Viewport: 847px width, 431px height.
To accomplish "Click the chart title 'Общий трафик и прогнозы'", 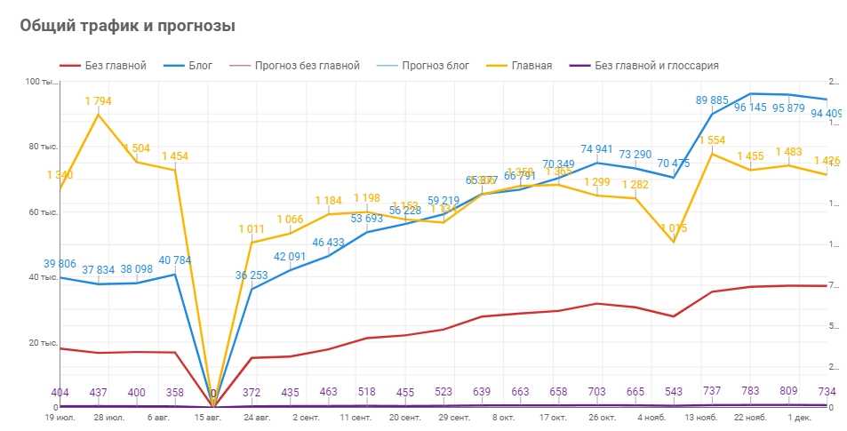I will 127,27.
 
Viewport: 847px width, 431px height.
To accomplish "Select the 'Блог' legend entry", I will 200,66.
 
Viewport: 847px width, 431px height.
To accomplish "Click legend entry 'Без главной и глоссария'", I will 656,66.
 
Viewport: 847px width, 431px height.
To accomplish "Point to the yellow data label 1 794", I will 98,101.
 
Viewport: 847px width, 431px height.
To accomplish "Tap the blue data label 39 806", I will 60,264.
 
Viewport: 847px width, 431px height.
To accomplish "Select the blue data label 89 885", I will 713,100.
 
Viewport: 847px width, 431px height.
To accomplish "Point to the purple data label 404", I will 60,391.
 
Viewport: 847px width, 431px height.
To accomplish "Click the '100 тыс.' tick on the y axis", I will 40,83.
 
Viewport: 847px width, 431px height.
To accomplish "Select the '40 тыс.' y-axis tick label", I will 42,278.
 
